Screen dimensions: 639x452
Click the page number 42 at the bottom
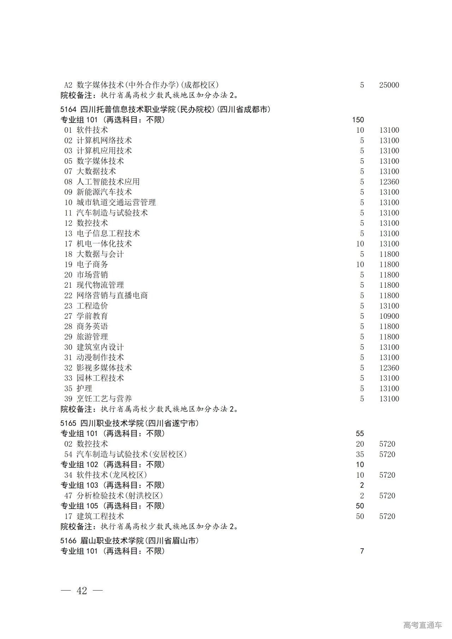point(82,591)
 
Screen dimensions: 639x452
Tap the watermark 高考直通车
point(422,625)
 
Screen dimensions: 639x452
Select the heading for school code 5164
point(165,109)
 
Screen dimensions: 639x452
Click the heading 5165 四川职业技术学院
point(129,423)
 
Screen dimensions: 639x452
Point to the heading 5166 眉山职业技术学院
point(129,541)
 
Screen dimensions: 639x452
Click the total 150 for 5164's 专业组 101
point(358,120)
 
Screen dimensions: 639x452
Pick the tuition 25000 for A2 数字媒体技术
point(389,85)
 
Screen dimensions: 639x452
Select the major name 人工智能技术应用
point(108,182)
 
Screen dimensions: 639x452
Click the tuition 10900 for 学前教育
point(389,316)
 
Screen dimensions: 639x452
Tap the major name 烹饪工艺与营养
point(104,399)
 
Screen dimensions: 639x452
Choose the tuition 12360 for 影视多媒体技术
point(389,368)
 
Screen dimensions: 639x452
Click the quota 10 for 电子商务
point(360,264)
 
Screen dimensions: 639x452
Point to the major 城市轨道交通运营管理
point(116,203)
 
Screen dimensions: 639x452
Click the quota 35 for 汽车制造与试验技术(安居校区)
point(360,454)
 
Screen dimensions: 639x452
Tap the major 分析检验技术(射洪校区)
point(120,496)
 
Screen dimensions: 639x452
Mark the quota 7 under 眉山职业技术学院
point(362,551)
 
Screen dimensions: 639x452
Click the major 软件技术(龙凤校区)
point(112,475)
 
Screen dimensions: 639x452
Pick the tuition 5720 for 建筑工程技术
point(387,516)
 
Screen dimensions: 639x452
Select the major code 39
point(68,399)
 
